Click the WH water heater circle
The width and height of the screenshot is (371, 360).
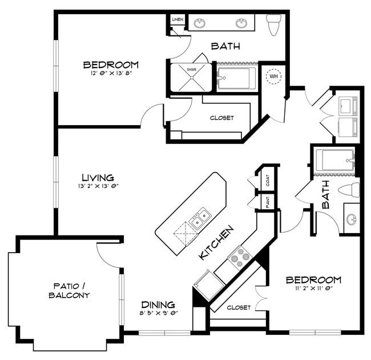pos(274,76)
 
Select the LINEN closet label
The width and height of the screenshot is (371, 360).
pos(178,20)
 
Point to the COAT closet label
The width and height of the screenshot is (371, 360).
pos(268,179)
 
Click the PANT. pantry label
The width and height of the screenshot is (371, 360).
pos(267,201)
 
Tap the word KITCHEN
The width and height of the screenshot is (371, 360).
pos(216,243)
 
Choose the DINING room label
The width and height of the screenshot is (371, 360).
pos(158,305)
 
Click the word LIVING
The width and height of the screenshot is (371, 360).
pos(97,177)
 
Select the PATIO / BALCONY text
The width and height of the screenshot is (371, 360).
pos(71,290)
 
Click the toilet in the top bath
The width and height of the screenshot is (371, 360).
pos(274,23)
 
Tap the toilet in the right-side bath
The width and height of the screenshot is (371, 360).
pos(349,190)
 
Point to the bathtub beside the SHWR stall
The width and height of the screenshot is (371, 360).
pos(237,79)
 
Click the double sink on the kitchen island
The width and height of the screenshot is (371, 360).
pos(200,218)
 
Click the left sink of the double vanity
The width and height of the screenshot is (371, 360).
pos(200,23)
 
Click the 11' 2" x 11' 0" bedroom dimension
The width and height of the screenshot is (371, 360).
pos(313,289)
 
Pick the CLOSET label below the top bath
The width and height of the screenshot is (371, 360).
pos(221,118)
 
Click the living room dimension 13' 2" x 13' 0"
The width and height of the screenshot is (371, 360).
pos(97,186)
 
